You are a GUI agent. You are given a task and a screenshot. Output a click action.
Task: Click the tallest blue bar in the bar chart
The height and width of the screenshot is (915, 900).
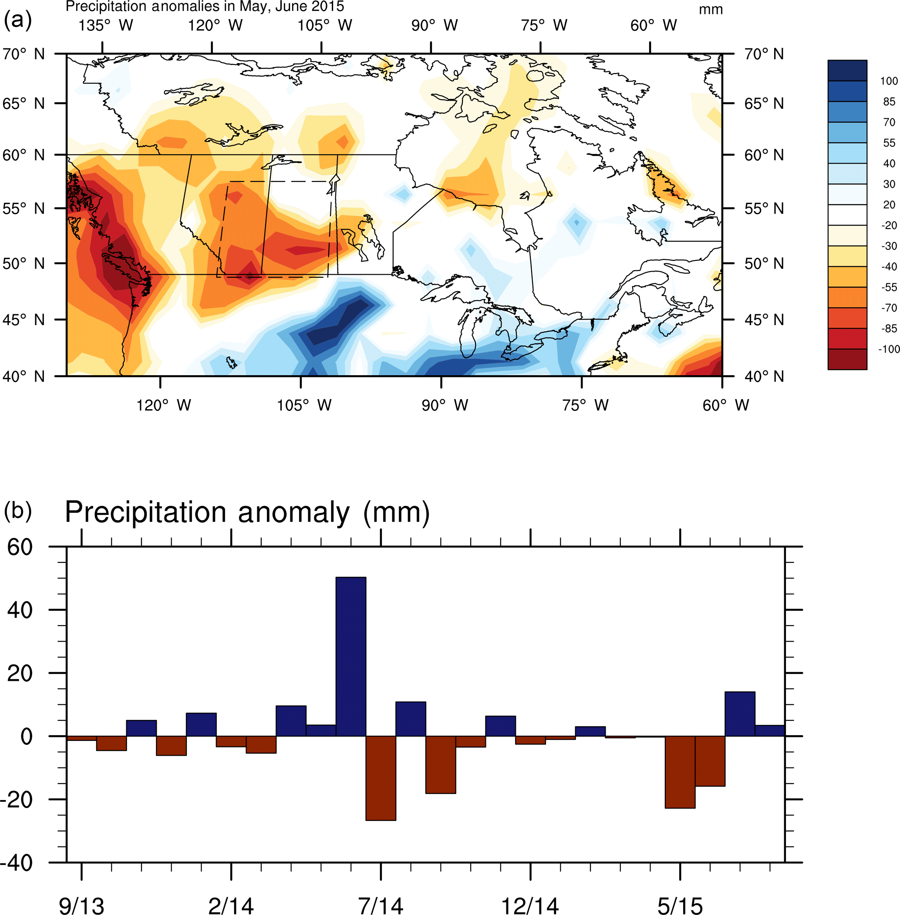pyautogui.click(x=351, y=656)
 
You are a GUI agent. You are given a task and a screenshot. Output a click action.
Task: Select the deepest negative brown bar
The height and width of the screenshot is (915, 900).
pyautogui.click(x=381, y=778)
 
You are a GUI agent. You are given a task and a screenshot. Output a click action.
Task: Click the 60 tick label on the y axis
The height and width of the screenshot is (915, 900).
pyautogui.click(x=20, y=547)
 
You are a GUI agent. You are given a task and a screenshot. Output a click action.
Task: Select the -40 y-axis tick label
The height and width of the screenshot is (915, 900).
pyautogui.click(x=17, y=863)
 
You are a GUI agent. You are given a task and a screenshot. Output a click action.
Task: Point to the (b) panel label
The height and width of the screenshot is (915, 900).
pyautogui.click(x=17, y=511)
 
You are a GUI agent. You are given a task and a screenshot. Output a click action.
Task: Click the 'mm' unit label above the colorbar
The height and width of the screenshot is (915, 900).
pyautogui.click(x=711, y=10)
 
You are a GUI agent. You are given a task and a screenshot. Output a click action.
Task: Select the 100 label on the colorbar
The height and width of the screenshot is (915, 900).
pyautogui.click(x=889, y=81)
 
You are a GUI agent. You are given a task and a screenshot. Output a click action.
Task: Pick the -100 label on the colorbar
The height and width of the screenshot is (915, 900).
pyautogui.click(x=889, y=349)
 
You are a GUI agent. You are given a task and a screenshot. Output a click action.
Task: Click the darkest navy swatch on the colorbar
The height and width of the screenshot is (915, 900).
pyautogui.click(x=847, y=71)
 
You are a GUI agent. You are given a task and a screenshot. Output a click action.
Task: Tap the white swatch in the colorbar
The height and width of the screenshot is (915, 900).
pyautogui.click(x=847, y=215)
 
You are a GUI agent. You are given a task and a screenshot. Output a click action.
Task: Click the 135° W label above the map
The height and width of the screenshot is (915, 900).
pyautogui.click(x=106, y=25)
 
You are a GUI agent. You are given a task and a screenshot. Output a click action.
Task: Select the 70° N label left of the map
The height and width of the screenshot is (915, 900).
pyautogui.click(x=23, y=54)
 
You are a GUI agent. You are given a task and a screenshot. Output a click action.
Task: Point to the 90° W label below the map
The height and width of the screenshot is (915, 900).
pyautogui.click(x=445, y=405)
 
